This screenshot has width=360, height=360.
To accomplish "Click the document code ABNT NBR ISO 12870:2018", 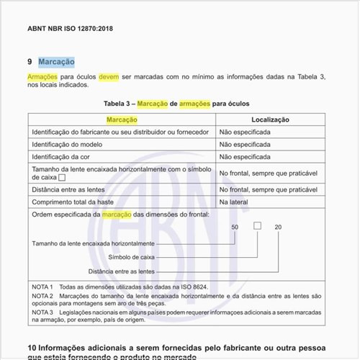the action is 71,29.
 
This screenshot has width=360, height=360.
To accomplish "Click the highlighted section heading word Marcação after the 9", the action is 56,62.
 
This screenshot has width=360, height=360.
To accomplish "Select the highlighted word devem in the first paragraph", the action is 109,76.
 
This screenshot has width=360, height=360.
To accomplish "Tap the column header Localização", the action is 270,120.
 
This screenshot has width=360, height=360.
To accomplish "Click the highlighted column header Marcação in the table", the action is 122,120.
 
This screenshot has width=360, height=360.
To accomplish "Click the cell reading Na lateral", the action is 233,202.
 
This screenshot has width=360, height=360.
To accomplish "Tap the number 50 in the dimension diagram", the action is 235,228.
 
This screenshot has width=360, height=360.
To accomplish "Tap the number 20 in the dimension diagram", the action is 278,228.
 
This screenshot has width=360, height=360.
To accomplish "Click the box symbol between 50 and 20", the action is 257,226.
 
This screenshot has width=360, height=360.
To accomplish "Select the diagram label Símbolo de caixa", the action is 132,257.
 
